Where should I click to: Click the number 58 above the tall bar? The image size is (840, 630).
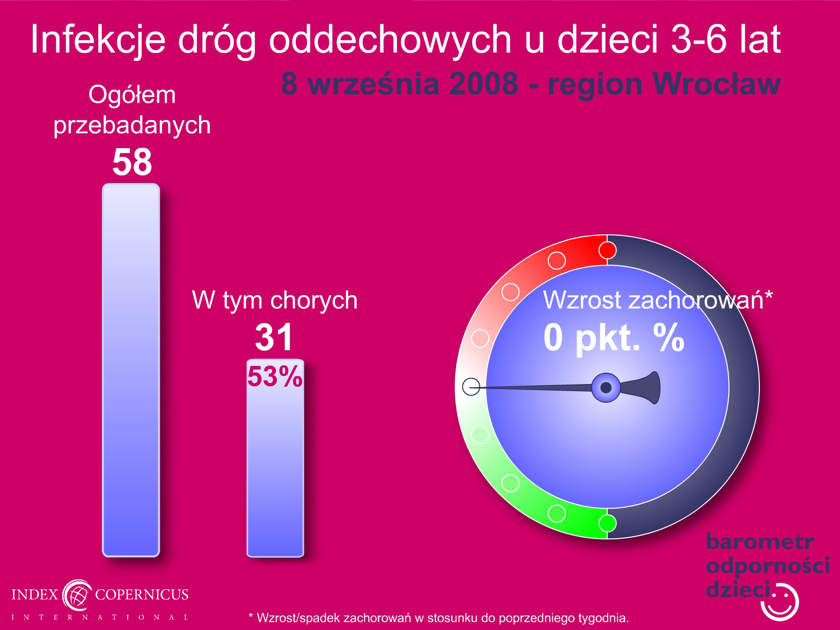pos(132,162)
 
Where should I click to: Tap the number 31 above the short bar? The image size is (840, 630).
pos(274,337)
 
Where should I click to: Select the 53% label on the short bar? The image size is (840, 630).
pos(275,376)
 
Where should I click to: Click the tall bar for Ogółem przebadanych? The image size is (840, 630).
pos(131,370)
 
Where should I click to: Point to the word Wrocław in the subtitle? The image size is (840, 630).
pos(717,84)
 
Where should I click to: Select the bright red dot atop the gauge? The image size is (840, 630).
pos(607,250)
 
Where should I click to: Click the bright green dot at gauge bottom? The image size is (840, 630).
pos(607,523)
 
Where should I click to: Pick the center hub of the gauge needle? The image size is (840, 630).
pos(606,388)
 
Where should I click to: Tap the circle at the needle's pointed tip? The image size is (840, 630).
pos(471,387)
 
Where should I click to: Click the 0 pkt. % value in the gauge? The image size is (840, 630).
pos(614,338)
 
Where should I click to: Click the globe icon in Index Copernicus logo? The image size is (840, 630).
pos(77,595)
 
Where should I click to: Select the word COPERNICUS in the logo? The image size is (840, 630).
pos(142,594)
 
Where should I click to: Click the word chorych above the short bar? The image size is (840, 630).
pos(314,300)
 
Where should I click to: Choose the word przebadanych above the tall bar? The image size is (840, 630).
pos(132,125)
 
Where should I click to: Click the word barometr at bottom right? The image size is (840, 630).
pos(760,542)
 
